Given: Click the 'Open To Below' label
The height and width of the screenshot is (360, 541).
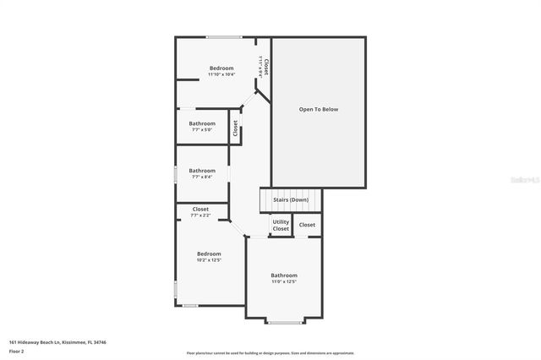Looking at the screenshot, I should pyautogui.click(x=318, y=110).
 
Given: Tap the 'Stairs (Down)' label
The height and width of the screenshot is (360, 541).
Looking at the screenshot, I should pyautogui.click(x=290, y=200).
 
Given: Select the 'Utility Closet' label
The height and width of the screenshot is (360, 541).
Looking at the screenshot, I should pyautogui.click(x=281, y=226).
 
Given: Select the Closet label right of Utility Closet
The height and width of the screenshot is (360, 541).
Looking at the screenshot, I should pyautogui.click(x=307, y=225).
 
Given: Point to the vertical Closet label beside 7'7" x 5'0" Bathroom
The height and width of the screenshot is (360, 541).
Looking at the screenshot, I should pyautogui.click(x=236, y=128).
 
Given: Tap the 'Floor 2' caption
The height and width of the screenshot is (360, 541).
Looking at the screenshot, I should pyautogui.click(x=16, y=351).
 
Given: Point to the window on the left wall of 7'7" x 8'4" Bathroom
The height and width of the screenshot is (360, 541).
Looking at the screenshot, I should pyautogui.click(x=176, y=173).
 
